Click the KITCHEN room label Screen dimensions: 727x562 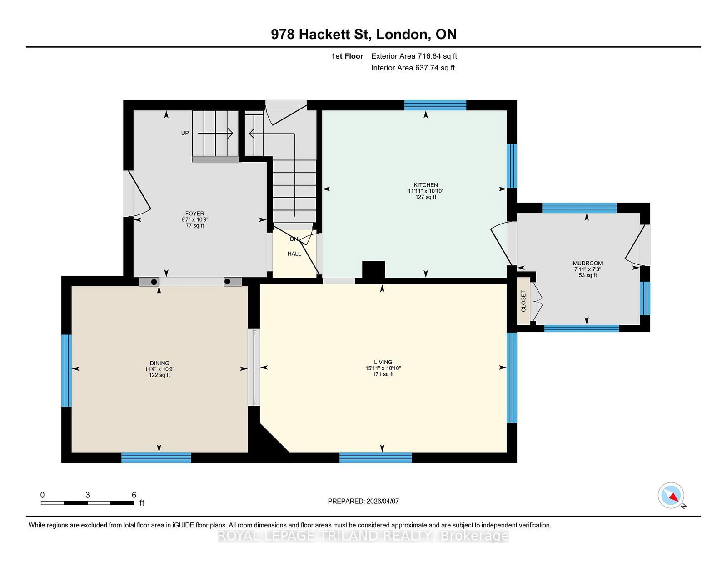pyautogui.click(x=426, y=185)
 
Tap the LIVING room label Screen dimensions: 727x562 pyautogui.click(x=383, y=362)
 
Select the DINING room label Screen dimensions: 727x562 pyautogui.click(x=159, y=363)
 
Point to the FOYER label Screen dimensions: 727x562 pyautogui.click(x=195, y=214)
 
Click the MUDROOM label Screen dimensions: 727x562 pyautogui.click(x=588, y=263)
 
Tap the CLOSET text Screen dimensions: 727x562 pyautogui.click(x=523, y=301)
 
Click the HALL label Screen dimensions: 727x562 pyautogui.click(x=294, y=254)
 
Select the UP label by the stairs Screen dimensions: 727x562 pyautogui.click(x=185, y=133)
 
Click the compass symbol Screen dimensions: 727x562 pyautogui.click(x=671, y=495)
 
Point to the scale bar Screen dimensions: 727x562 pyautogui.click(x=88, y=503)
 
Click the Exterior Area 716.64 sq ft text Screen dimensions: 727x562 pyautogui.click(x=414, y=56)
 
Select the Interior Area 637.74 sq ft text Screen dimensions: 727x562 pyautogui.click(x=413, y=68)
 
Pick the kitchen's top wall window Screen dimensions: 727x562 pyautogui.click(x=435, y=105)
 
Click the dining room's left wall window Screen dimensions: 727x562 pyautogui.click(x=66, y=371)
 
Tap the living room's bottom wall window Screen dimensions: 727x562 pyautogui.click(x=375, y=458)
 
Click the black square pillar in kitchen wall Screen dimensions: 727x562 pyautogui.click(x=373, y=269)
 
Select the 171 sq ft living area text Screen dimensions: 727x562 pyautogui.click(x=383, y=374)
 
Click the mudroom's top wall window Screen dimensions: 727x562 pyautogui.click(x=579, y=208)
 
